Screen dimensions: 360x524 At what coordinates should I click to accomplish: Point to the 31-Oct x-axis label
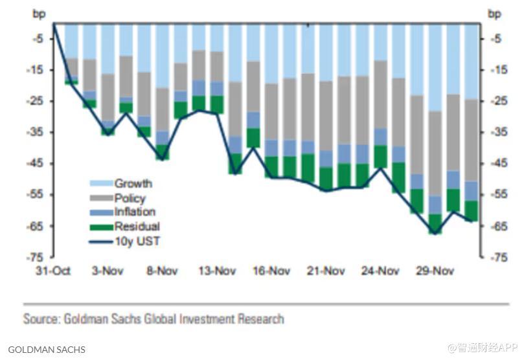coord(53,271)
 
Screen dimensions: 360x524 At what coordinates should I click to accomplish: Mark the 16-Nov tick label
coord(271,271)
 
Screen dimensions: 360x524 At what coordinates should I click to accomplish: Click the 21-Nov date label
coord(325,271)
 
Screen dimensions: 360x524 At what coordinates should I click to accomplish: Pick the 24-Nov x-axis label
coord(380,271)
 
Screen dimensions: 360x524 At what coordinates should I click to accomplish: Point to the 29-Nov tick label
coord(435,271)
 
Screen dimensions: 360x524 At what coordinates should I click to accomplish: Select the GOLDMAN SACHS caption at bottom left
coord(47,350)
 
